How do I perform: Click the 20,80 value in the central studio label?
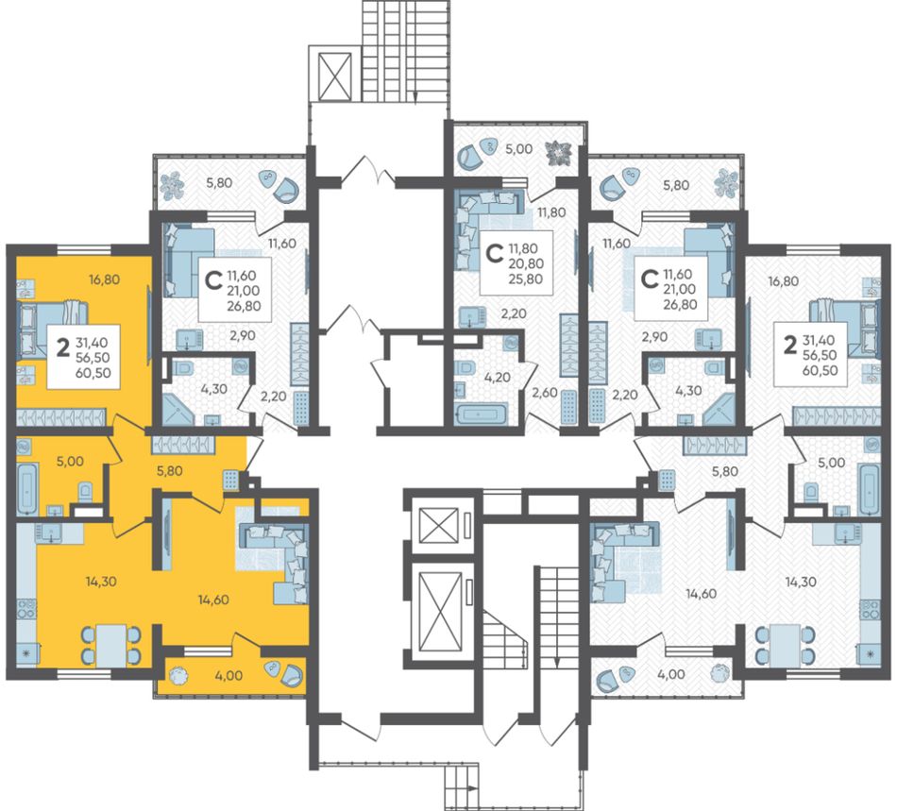tap(526, 263)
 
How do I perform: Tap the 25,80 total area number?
tap(526, 279)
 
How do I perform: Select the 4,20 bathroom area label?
tap(497, 378)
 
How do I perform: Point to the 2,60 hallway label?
tap(544, 393)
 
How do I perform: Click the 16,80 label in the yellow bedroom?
tap(104, 279)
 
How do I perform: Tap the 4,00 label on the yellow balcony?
tap(228, 675)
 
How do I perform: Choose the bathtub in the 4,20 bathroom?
tap(481, 414)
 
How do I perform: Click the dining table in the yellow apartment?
tap(111, 646)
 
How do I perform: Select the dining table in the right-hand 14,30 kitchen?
tap(785, 646)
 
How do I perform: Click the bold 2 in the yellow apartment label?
tap(63, 346)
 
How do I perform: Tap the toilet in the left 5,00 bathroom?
tap(85, 491)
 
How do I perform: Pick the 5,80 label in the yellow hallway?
tap(170, 471)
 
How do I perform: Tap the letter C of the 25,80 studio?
tap(494, 253)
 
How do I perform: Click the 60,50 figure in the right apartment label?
tap(820, 370)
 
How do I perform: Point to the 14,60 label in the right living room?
tap(702, 594)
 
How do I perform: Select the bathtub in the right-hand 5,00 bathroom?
tap(870, 489)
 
